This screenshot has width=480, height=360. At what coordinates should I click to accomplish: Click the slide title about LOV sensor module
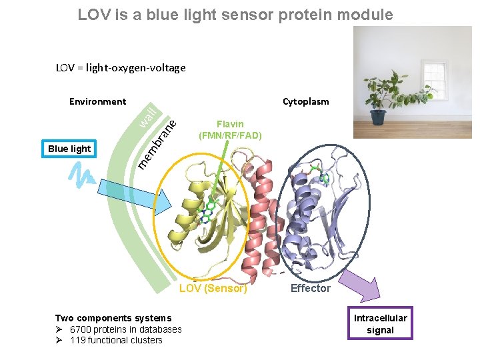235,14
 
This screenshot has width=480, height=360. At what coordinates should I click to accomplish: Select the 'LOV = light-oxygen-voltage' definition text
121,67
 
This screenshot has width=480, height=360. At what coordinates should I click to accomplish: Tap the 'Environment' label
97,101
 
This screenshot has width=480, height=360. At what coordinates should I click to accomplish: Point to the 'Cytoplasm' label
305,101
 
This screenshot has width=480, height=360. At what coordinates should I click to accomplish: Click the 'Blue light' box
69,149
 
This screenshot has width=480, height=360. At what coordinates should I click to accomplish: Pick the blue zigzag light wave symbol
81,175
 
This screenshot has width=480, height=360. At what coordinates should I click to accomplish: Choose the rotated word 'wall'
148,117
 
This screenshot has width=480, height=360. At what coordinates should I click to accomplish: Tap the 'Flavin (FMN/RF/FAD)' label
230,129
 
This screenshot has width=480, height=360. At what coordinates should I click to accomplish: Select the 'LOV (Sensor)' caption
213,289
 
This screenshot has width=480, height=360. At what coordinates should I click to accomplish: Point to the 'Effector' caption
310,288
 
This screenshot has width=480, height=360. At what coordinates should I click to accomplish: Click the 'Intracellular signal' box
380,324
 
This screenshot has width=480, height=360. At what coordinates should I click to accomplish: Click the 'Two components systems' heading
113,318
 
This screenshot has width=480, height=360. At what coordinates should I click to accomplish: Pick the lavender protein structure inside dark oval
313,213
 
